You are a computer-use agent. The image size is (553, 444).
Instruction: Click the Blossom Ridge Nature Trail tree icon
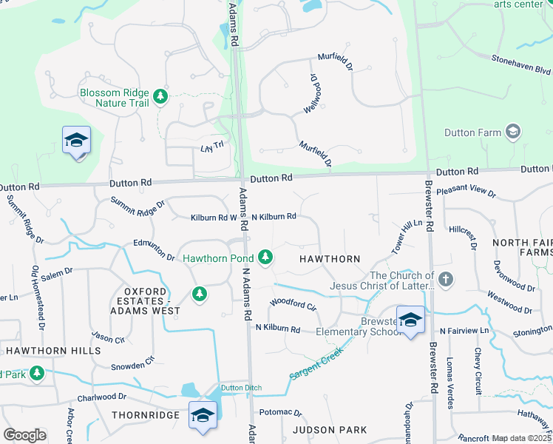tap(160, 96)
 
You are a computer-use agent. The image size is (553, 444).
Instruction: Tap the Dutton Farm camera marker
tap(512, 132)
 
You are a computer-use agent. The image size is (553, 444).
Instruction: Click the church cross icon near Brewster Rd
tap(445, 280)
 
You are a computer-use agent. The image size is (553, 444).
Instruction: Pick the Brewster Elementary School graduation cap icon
tap(410, 320)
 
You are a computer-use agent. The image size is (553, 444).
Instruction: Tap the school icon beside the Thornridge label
tap(202, 414)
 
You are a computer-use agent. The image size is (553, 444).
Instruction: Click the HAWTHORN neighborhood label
tap(329, 259)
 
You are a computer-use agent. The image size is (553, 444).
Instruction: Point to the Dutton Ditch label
tap(242, 388)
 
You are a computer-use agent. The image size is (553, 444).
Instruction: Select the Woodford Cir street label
tap(293, 303)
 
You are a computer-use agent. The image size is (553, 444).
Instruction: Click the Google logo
tap(24, 435)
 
